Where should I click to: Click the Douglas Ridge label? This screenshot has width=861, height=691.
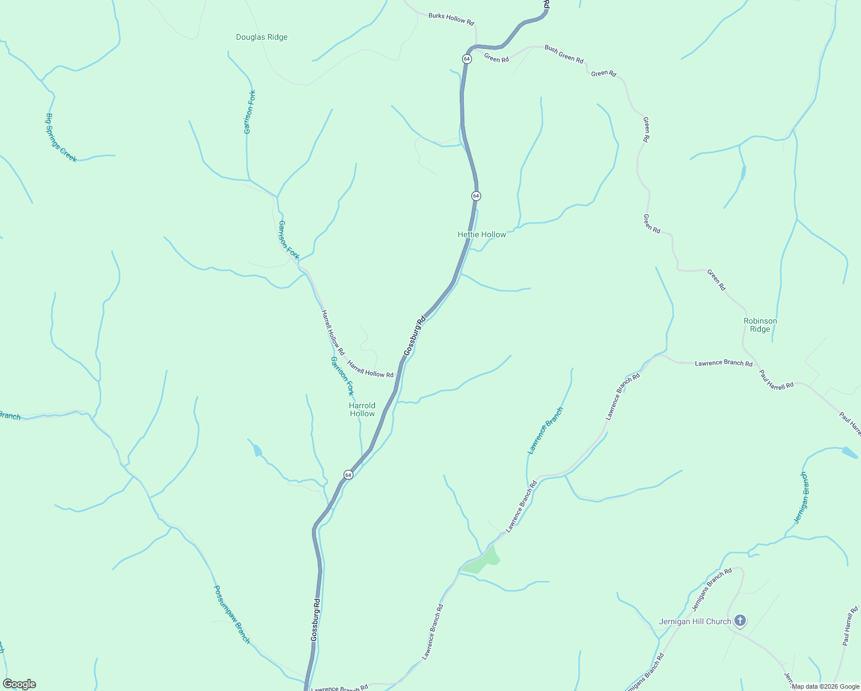click(x=261, y=37)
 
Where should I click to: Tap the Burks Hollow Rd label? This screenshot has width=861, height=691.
click(x=451, y=18)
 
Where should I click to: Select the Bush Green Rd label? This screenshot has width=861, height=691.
click(x=563, y=55)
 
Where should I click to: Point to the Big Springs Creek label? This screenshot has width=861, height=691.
click(x=60, y=138)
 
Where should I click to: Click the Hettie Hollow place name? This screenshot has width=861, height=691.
click(x=482, y=234)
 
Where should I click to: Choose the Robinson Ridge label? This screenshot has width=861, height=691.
click(x=760, y=325)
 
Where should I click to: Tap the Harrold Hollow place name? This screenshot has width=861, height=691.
click(x=362, y=409)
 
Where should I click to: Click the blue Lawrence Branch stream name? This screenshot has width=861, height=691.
click(x=545, y=431)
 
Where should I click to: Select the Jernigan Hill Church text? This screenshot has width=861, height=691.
click(x=695, y=621)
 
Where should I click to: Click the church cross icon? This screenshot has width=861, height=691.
click(x=740, y=621)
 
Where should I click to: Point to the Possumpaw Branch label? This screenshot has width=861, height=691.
click(x=232, y=614)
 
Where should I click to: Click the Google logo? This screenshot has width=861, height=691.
click(x=20, y=684)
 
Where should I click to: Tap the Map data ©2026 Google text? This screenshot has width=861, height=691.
click(x=825, y=686)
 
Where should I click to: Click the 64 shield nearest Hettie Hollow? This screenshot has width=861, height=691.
click(x=475, y=196)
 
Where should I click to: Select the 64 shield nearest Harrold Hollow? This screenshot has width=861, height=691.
click(x=348, y=474)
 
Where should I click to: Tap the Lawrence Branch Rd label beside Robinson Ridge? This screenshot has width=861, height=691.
click(x=723, y=363)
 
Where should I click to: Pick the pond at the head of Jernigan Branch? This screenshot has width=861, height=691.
click(x=849, y=453)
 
